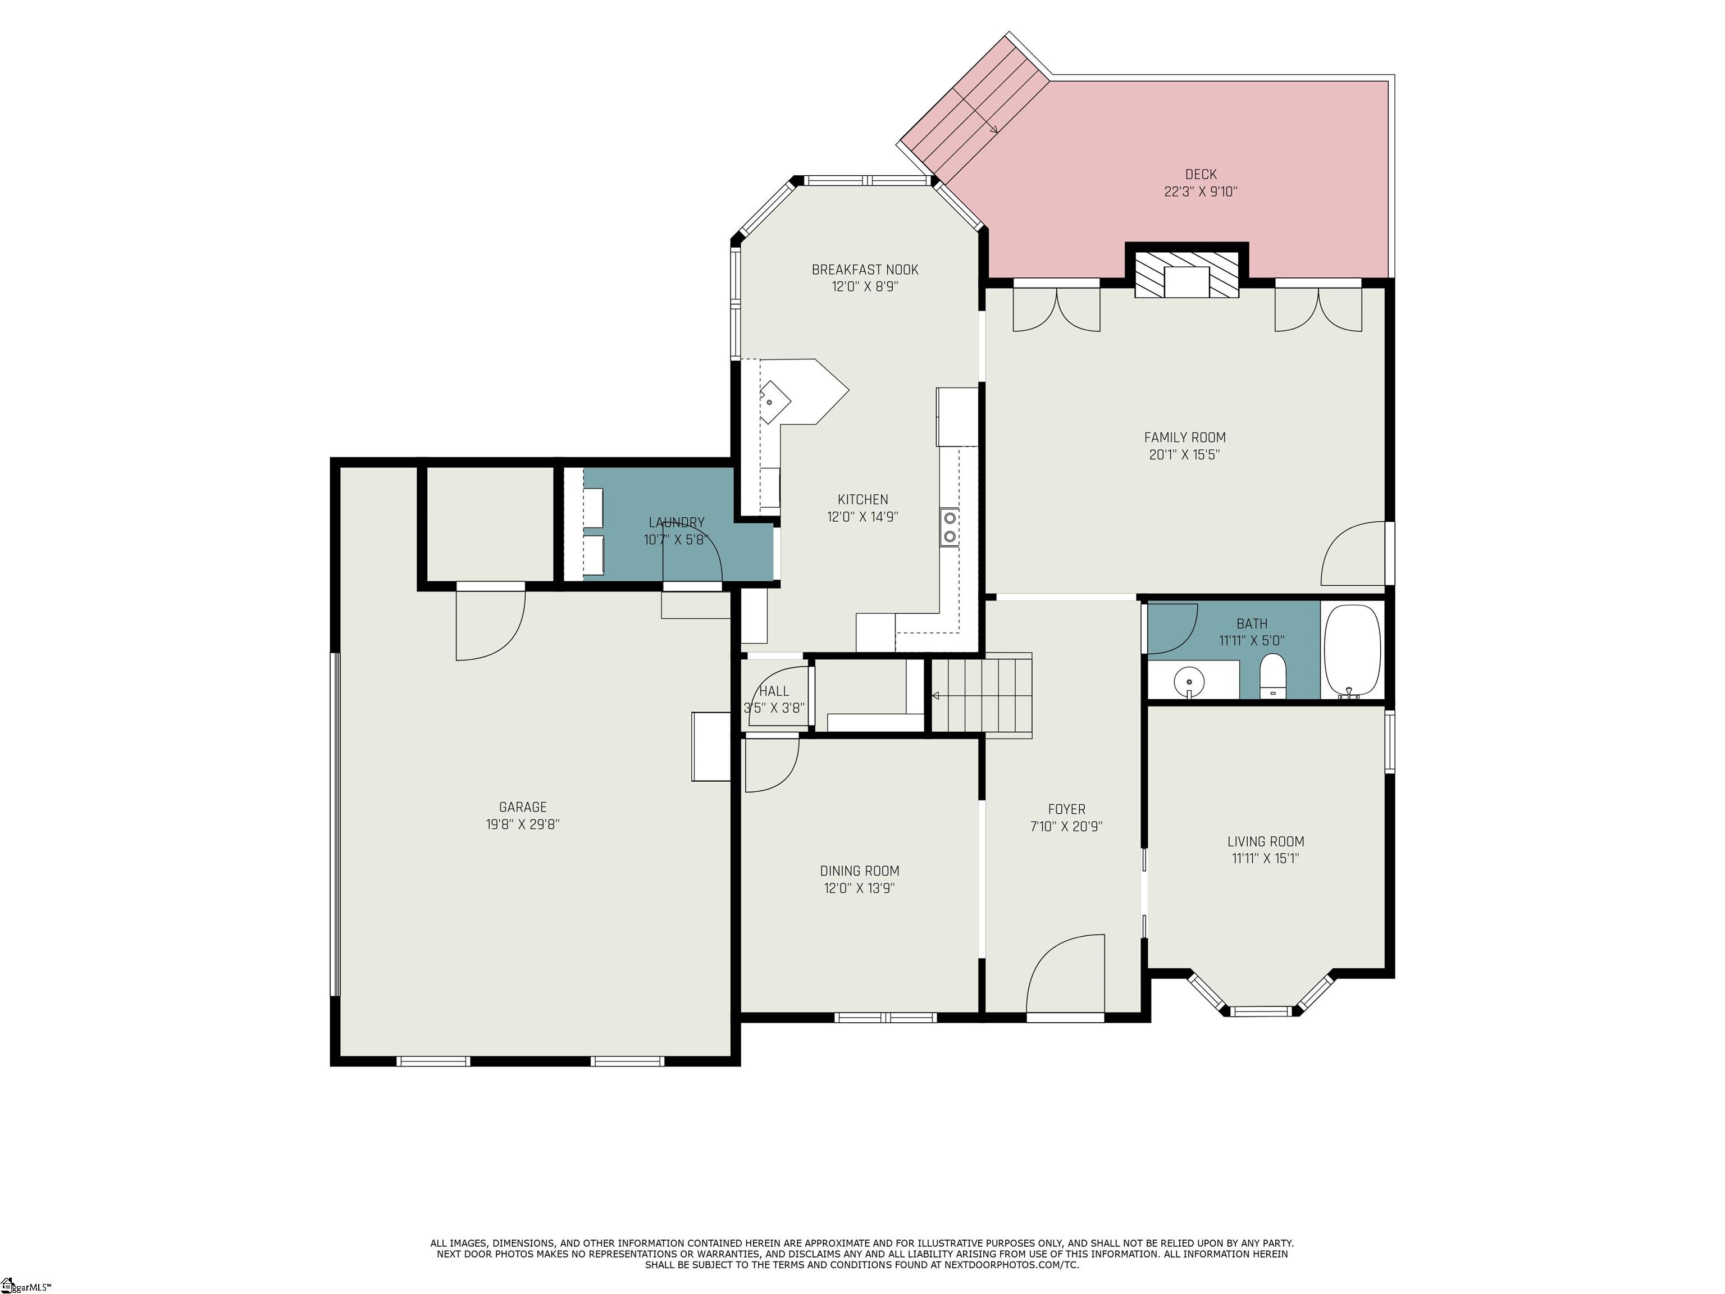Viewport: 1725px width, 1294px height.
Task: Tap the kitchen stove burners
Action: tap(950, 526)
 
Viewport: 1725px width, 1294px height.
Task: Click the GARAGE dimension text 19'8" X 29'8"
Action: tap(522, 824)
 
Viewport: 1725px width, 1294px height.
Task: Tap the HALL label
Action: tap(774, 691)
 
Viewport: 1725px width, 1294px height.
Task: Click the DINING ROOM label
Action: tap(859, 871)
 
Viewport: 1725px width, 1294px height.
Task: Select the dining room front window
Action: tap(885, 1017)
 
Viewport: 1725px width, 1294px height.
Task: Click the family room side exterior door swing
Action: tap(1353, 553)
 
